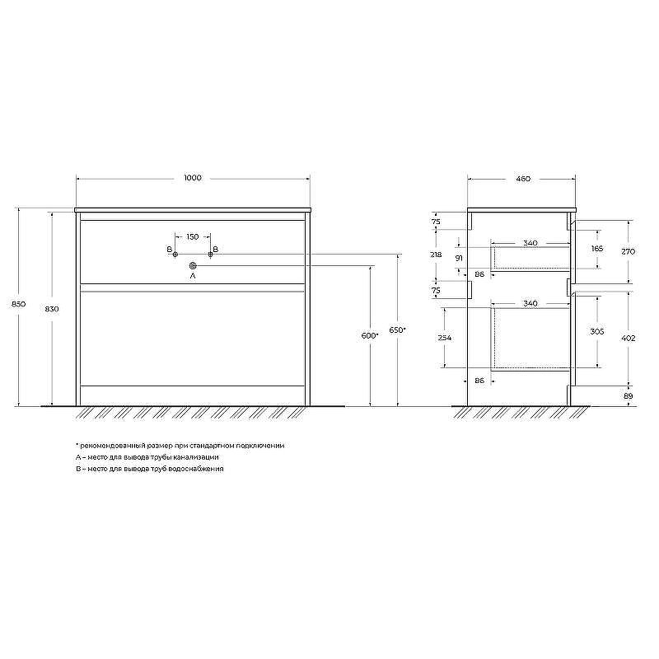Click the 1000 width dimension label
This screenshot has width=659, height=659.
click(x=193, y=178)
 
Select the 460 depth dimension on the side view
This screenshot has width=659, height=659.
click(x=521, y=178)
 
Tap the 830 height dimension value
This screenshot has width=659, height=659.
click(x=51, y=309)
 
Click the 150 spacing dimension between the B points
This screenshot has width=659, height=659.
click(x=192, y=237)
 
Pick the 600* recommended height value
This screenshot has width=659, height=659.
click(x=369, y=335)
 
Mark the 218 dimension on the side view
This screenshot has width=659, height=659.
click(x=436, y=255)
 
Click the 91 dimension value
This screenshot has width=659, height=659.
click(x=458, y=259)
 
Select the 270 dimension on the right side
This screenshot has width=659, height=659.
click(x=629, y=251)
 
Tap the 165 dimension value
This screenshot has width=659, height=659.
click(x=597, y=248)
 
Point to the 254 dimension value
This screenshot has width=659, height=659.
click(x=445, y=338)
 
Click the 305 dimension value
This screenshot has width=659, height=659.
click(x=597, y=331)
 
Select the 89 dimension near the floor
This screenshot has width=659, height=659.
click(x=629, y=396)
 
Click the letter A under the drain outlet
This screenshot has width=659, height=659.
click(x=193, y=277)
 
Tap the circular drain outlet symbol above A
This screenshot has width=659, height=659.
click(x=193, y=265)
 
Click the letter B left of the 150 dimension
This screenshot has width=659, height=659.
click(x=169, y=249)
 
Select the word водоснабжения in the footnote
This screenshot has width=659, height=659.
click(x=199, y=468)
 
